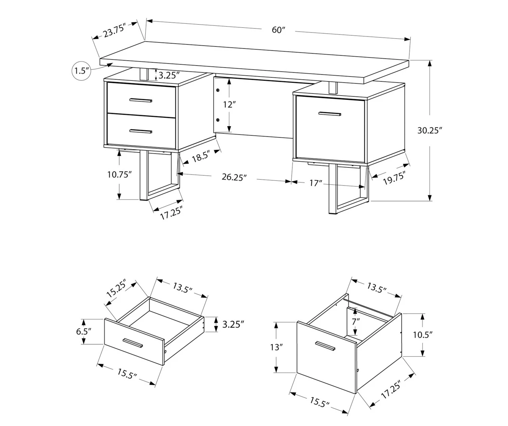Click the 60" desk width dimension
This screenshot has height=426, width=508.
click(x=279, y=30)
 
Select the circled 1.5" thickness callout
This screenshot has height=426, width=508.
click(x=81, y=71)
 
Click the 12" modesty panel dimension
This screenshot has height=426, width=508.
click(x=229, y=105)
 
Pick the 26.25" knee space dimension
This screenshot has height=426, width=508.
click(x=234, y=177)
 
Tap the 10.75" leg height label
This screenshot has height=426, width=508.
click(x=119, y=175)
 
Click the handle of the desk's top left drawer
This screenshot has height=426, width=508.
click(x=141, y=100)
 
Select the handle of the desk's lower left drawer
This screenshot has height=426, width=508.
click(x=141, y=131)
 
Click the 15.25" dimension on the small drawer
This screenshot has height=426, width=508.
click(x=116, y=289)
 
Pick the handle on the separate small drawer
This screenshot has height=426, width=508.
click(x=133, y=343)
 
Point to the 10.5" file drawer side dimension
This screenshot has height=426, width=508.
click(x=422, y=334)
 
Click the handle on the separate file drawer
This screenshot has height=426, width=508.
click(x=325, y=346)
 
